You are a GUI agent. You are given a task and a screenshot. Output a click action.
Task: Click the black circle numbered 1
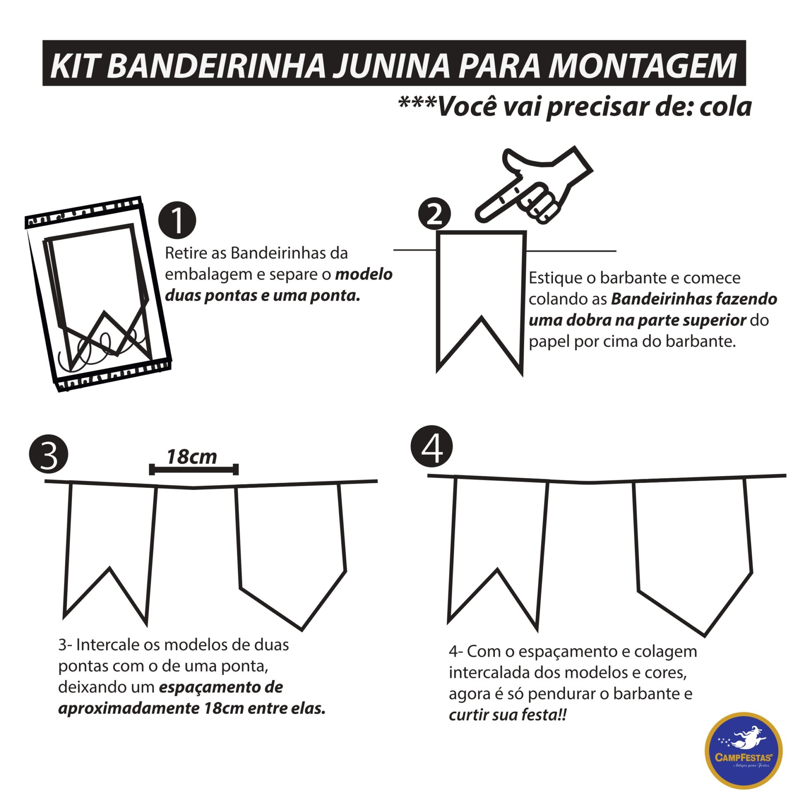point(177,220)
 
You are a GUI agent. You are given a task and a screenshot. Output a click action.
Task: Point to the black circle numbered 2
point(434,214)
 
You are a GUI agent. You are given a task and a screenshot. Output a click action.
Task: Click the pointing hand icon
point(537,186)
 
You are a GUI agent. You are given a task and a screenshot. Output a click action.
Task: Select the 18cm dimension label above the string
point(192,457)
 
